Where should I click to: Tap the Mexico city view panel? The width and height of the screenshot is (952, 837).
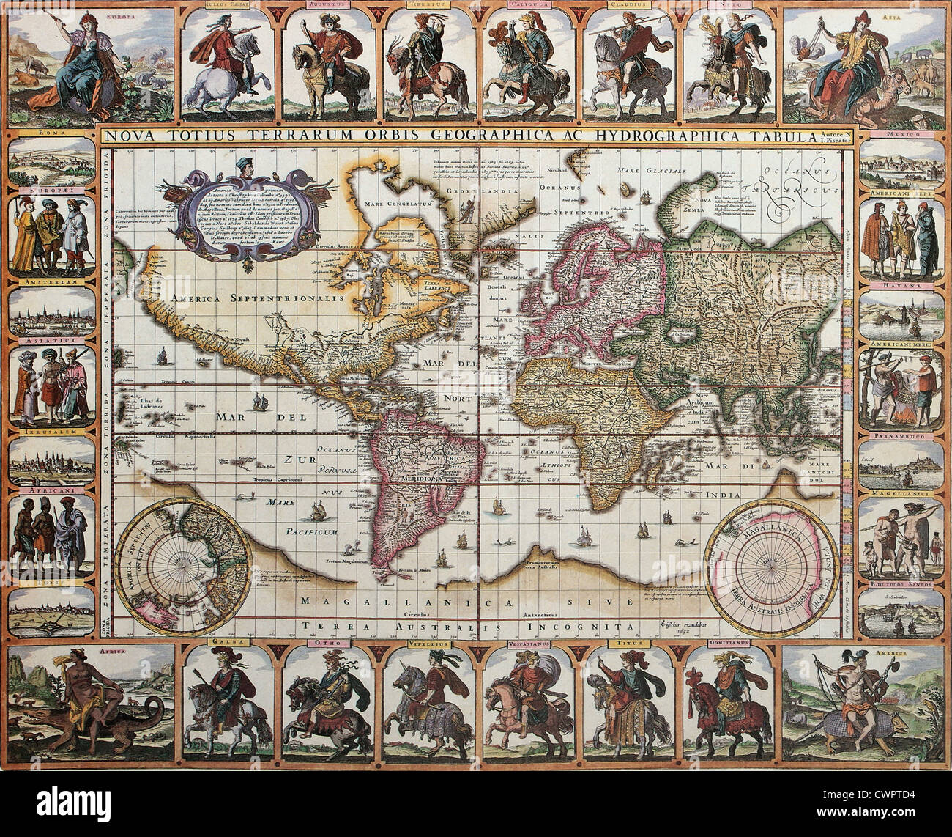coord(901,166)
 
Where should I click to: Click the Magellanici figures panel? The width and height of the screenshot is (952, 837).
coord(901,539)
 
